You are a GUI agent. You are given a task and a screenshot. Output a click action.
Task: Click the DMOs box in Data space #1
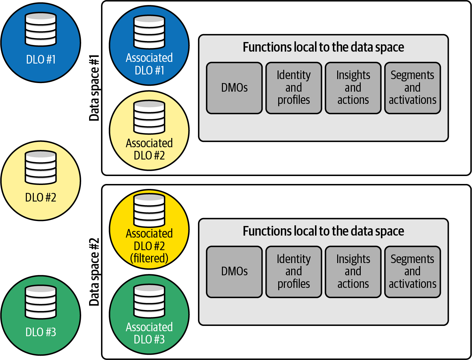(234, 88)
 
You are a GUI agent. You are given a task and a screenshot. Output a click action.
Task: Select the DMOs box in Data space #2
(234, 272)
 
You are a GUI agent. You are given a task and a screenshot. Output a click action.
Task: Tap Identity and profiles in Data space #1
(294, 88)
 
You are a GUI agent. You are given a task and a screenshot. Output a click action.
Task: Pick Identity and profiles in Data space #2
(294, 272)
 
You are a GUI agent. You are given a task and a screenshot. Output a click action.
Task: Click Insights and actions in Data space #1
(353, 88)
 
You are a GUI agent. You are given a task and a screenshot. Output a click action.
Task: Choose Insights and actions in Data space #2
(353, 272)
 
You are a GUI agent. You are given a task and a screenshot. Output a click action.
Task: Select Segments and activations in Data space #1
(413, 88)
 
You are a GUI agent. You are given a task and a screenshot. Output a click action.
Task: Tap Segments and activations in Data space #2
(413, 272)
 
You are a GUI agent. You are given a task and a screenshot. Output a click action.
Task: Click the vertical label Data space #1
(94, 88)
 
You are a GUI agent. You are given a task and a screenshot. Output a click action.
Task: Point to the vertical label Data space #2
(94, 272)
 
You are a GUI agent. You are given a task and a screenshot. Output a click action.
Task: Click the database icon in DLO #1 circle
(41, 29)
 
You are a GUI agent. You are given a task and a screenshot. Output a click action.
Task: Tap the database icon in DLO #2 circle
(41, 167)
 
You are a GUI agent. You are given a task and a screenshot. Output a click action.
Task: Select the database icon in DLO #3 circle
(41, 302)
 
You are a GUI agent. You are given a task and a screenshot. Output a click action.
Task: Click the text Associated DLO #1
(149, 64)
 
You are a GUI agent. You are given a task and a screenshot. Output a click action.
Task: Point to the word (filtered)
(149, 258)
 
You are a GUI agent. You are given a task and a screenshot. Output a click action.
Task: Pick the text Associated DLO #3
(149, 333)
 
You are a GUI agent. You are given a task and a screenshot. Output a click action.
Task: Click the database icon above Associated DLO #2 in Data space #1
(149, 117)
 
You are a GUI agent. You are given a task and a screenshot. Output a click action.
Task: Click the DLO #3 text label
(41, 332)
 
